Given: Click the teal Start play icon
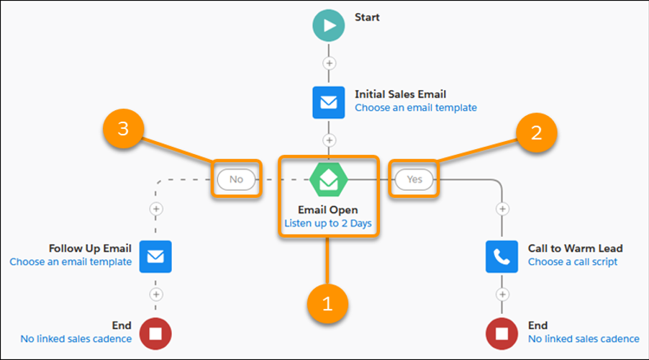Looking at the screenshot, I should pos(329,26).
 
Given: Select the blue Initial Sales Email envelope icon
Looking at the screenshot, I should pos(329,102).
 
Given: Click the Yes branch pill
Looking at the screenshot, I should pos(414,179).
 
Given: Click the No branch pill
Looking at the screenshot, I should pos(236,179).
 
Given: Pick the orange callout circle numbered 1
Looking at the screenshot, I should pos(328,304).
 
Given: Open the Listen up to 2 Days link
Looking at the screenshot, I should pos(328,224).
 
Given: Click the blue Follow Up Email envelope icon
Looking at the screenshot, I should pos(156,256).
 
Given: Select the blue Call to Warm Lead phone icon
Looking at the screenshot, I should pos(502,256).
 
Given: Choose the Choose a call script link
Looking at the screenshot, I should pos(573,262).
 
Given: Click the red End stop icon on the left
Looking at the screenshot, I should pos(156,333).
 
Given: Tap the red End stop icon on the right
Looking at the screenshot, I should pos(502,333).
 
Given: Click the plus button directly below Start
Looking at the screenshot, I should pos(329,63).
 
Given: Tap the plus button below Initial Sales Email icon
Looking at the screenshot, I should pos(329,140).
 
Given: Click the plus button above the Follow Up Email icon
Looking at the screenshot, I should pos(156,209).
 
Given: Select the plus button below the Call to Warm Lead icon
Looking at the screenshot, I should pos(502,294).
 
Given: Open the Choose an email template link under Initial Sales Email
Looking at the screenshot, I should pos(416,108).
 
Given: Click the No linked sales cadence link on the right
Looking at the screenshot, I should pos(584,339).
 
